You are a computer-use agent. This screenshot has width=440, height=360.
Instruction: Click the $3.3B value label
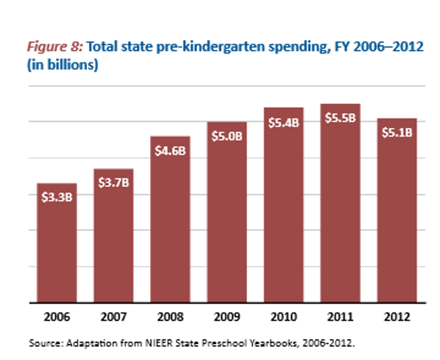click(57, 196)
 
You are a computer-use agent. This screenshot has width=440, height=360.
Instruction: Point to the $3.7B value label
click(114, 182)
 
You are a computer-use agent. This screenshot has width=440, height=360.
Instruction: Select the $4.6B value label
click(170, 150)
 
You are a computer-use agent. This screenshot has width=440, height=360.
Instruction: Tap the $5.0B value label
click(227, 135)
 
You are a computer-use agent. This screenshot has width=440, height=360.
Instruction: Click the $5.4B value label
click(283, 122)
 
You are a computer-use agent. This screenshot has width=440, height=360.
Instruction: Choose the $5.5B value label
click(341, 118)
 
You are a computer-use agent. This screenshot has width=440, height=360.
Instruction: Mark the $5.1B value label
click(397, 133)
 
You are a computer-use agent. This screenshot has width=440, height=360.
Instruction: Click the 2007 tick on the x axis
click(114, 317)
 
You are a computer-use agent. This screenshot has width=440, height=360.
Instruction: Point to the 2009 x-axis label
click(227, 317)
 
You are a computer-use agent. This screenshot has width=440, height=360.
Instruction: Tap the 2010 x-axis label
click(283, 317)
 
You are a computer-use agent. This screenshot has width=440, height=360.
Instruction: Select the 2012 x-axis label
click(397, 317)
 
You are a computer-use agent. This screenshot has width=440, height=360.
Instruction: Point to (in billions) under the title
click(63, 64)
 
